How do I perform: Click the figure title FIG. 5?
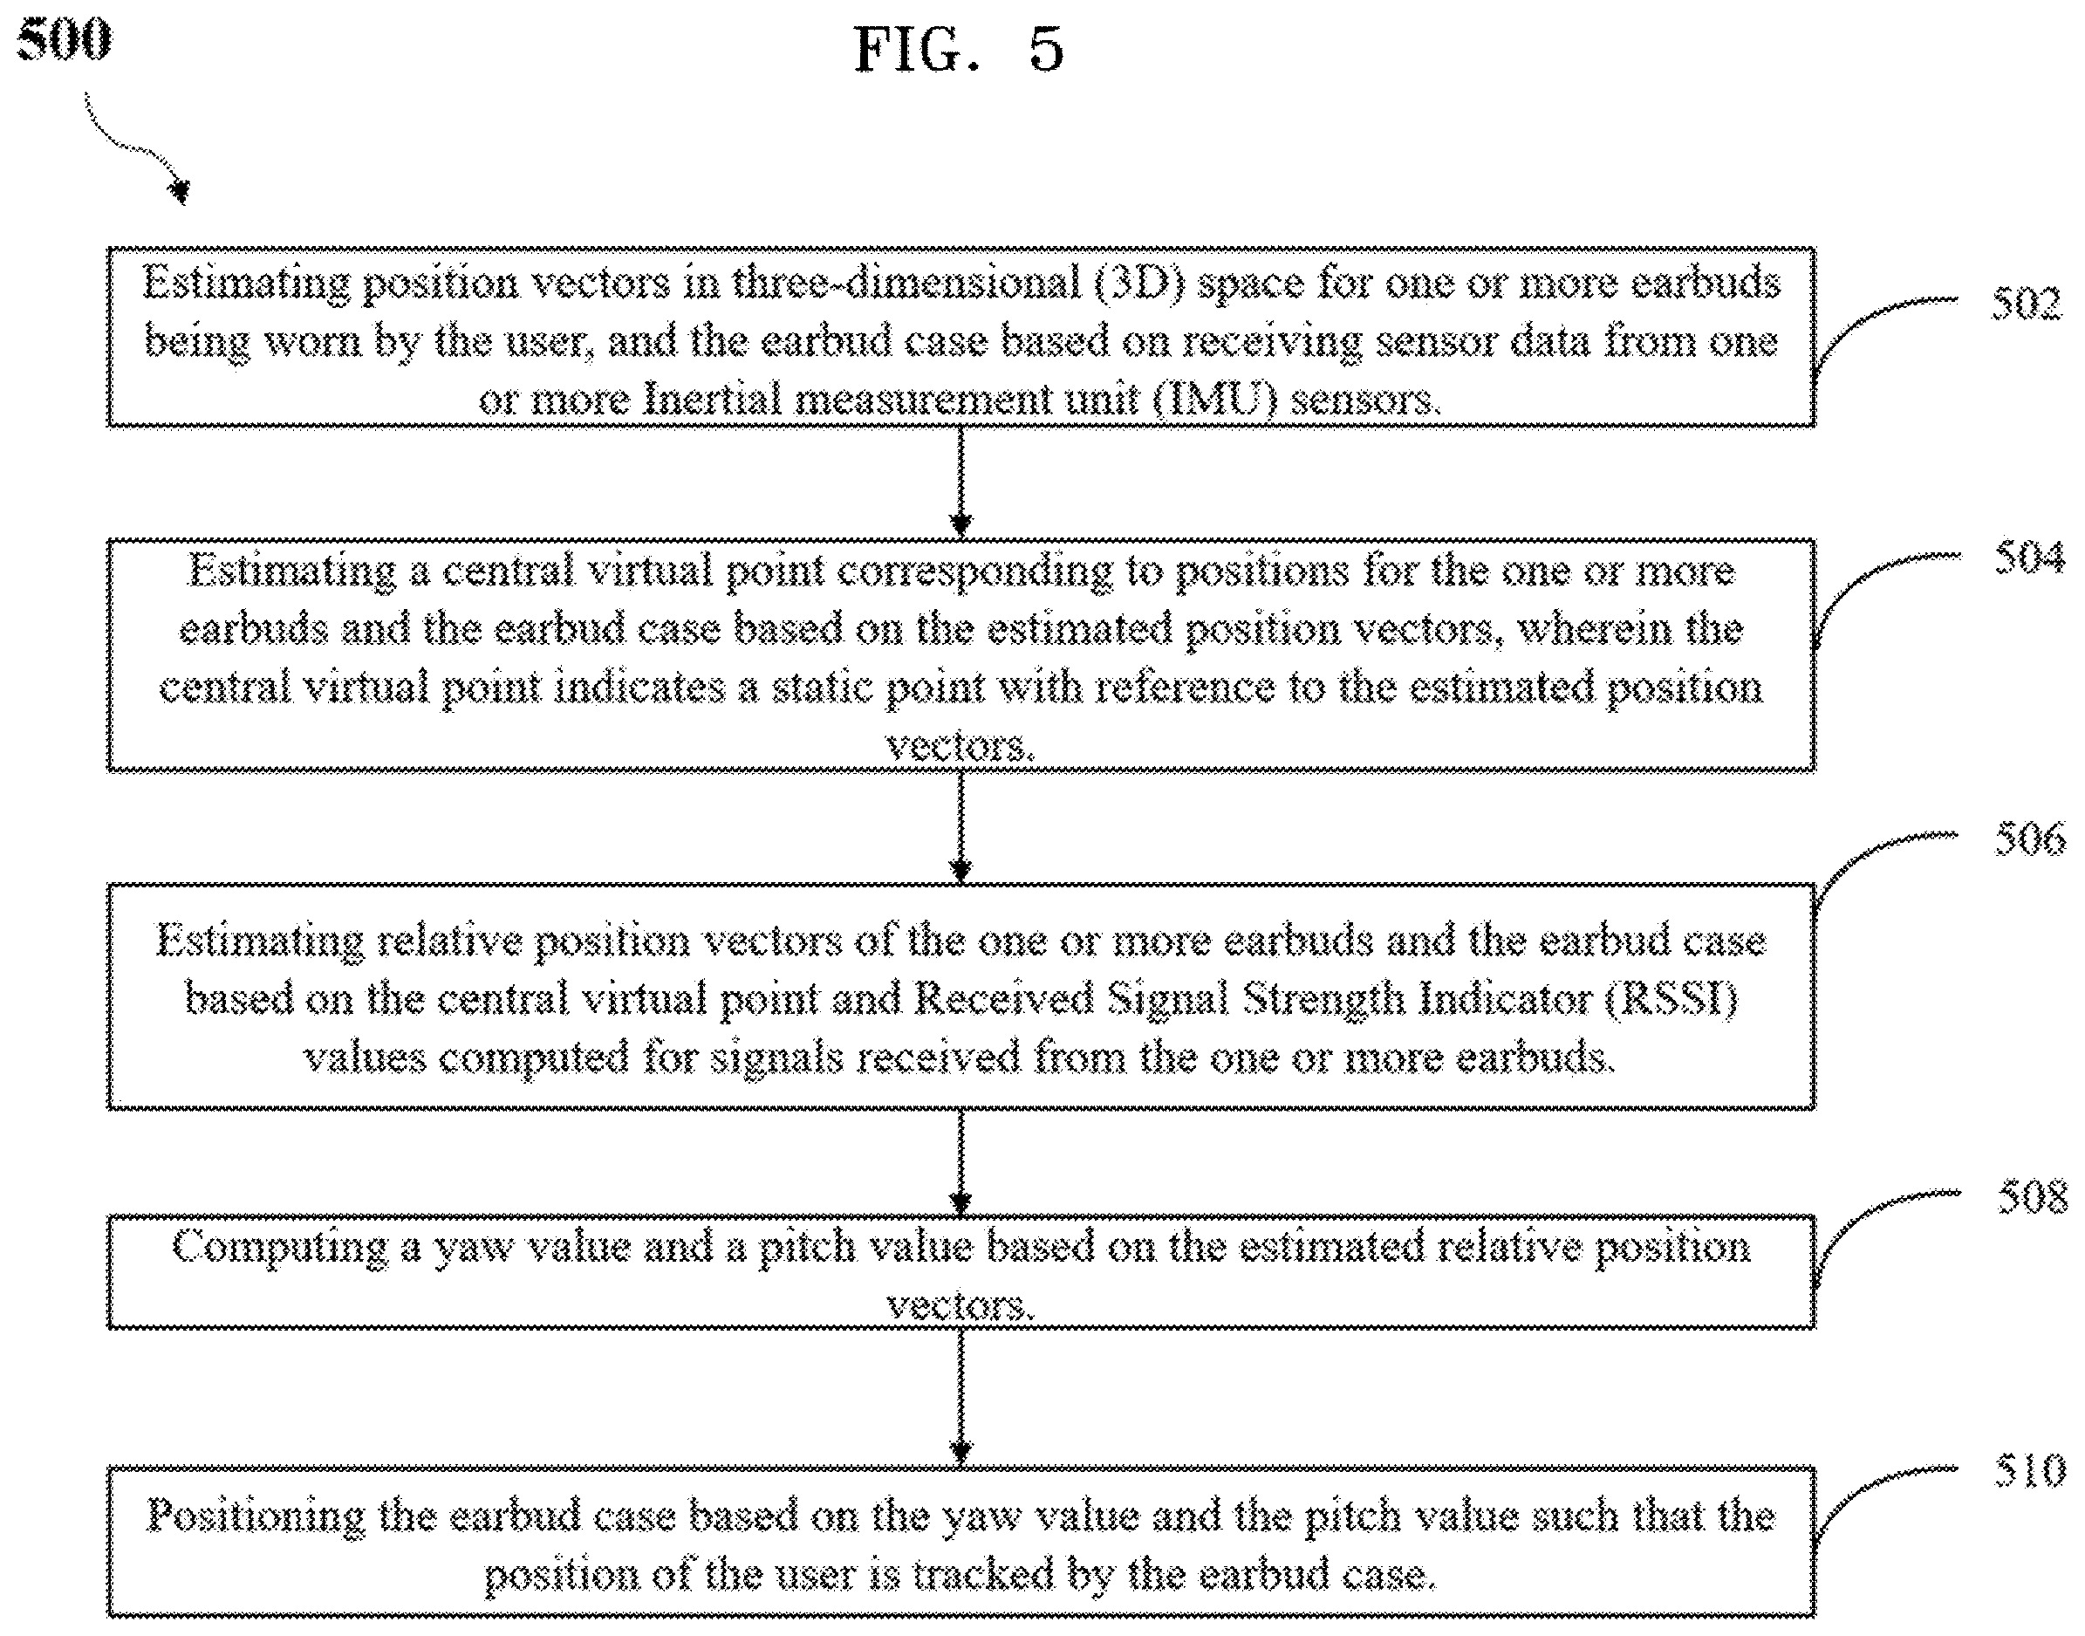(x=959, y=49)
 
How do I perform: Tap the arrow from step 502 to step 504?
(x=960, y=482)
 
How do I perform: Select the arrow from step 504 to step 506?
(x=960, y=826)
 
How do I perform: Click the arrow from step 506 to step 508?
(x=960, y=1162)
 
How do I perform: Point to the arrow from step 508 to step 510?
(x=960, y=1398)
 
